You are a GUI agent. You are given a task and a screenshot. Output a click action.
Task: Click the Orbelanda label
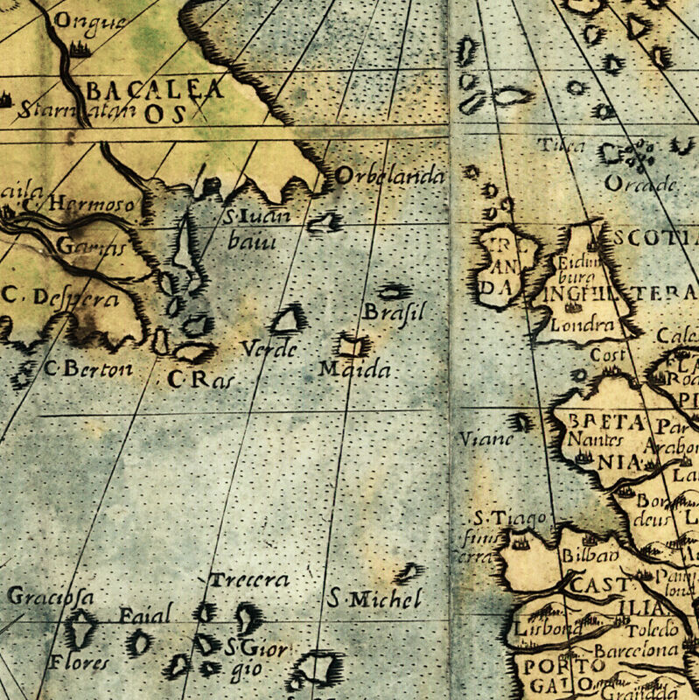pos(390,176)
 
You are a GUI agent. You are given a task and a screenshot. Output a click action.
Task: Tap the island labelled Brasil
pos(393,291)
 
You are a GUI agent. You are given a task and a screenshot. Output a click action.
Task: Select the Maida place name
pos(353,369)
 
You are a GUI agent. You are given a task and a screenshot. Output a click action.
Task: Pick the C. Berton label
pos(88,368)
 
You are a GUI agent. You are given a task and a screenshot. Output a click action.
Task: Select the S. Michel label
pos(375,599)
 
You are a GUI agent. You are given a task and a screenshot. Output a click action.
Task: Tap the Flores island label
pos(79,661)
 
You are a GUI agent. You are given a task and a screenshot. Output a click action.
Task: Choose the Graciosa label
pos(50,597)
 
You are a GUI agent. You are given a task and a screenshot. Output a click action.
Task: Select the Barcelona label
pos(636,650)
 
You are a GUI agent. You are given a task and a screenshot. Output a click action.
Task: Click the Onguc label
pos(89,21)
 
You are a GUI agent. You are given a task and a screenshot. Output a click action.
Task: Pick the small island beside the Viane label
pos(522,423)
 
